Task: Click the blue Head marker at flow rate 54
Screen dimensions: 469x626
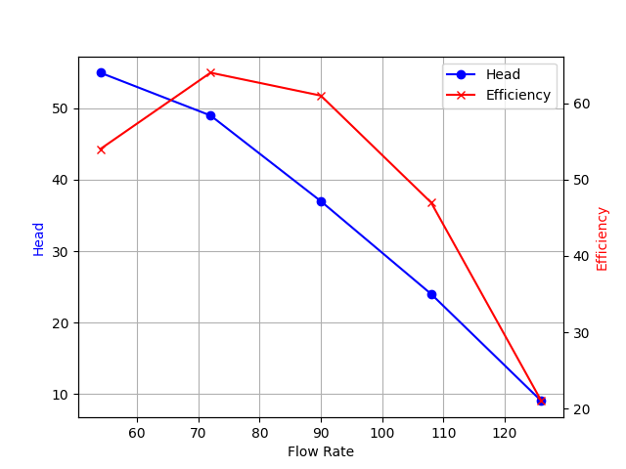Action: click(x=101, y=72)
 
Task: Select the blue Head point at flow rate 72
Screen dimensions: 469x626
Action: click(x=210, y=115)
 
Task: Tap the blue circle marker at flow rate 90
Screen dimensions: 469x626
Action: click(x=321, y=201)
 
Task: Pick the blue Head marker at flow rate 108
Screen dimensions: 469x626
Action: click(x=431, y=294)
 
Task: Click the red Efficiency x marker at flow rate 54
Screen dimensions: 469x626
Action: click(x=101, y=149)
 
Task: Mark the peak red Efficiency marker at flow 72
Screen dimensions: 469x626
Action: click(x=210, y=72)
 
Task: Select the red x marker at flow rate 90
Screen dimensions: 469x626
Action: click(x=321, y=96)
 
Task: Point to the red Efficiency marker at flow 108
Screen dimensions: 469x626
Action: click(x=431, y=202)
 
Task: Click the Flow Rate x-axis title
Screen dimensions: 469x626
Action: click(x=321, y=451)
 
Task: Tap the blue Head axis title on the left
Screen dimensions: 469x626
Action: click(x=39, y=238)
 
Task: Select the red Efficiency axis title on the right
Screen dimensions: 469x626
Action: click(x=602, y=238)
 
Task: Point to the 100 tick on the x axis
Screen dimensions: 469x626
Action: click(x=382, y=432)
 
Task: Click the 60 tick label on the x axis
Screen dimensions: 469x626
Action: click(x=137, y=432)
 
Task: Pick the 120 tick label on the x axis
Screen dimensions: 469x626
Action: click(x=505, y=432)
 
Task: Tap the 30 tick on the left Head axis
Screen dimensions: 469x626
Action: click(x=62, y=251)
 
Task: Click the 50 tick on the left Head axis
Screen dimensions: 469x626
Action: click(x=62, y=108)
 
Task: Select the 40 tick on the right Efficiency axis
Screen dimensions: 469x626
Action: click(x=580, y=256)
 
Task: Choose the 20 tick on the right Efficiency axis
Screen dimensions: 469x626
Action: click(x=580, y=408)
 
